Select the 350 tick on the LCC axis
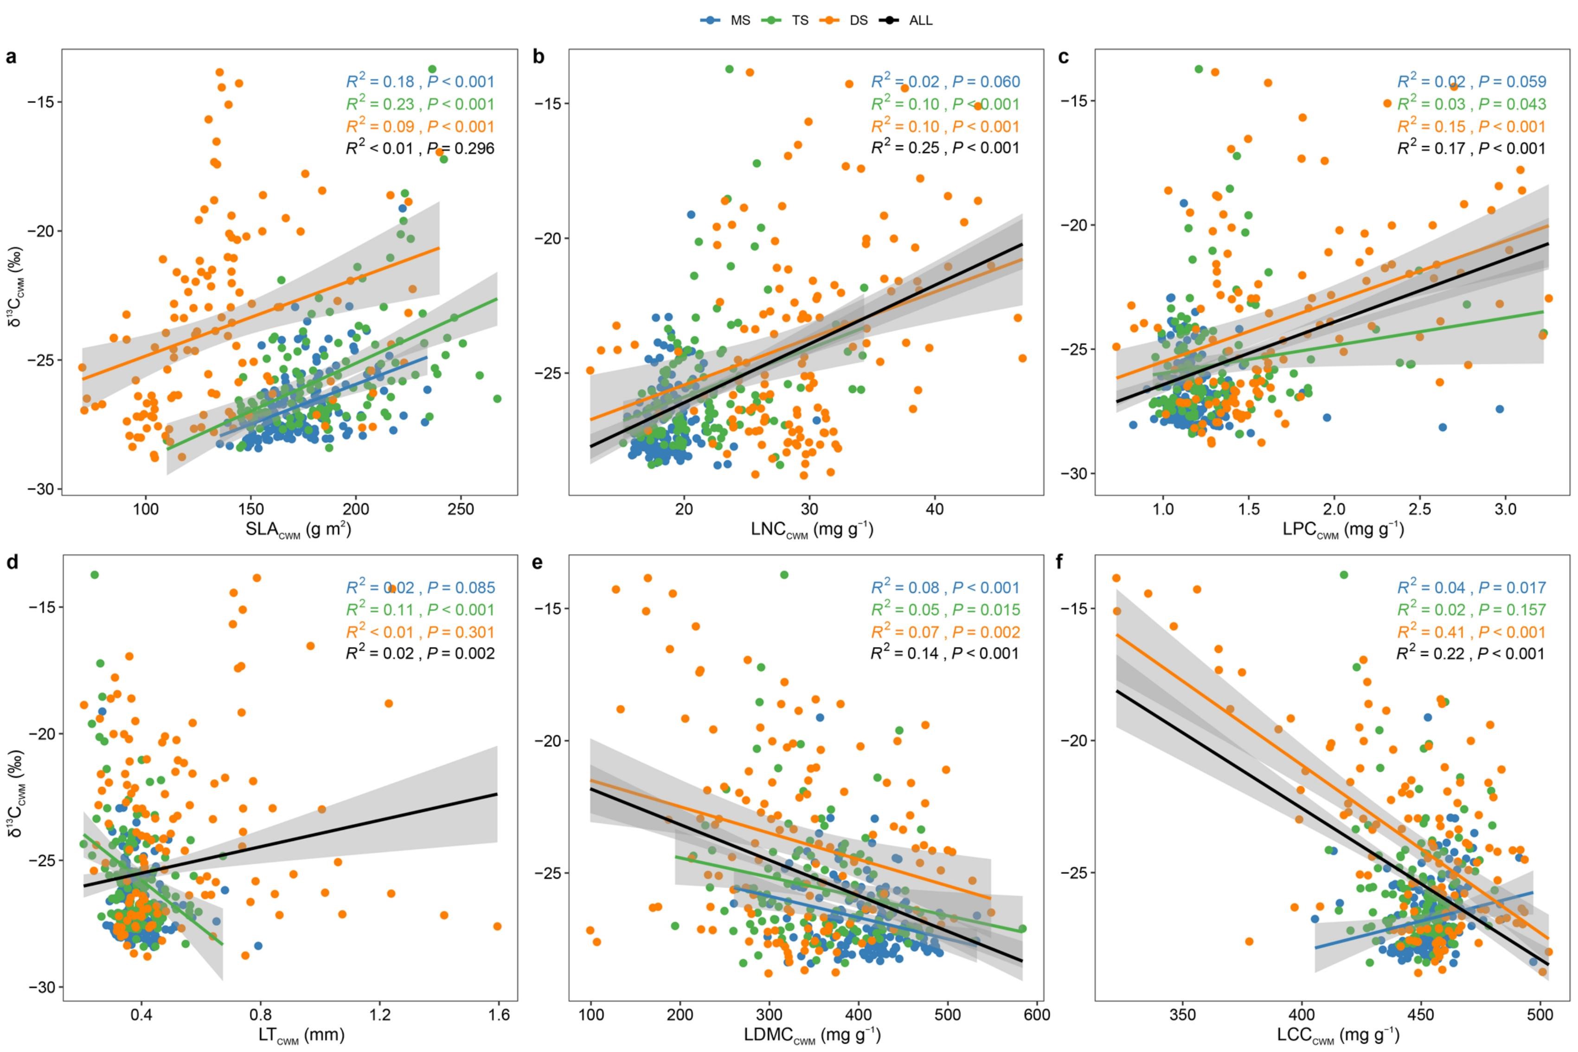1182,1014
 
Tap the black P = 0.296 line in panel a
462,148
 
